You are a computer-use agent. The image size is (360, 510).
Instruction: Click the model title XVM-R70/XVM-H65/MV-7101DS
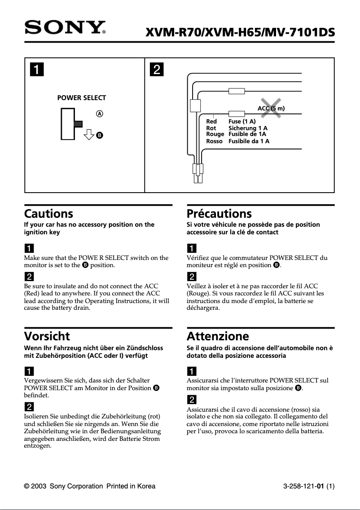(x=240, y=32)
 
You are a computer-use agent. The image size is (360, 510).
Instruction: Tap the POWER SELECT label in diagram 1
(x=82, y=98)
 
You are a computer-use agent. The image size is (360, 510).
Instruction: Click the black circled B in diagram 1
(x=100, y=135)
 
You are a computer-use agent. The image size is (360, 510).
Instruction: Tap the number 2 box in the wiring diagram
(x=156, y=70)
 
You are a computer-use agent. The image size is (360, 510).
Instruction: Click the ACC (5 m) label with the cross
(x=271, y=108)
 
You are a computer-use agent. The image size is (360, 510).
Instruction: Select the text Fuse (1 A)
(x=242, y=122)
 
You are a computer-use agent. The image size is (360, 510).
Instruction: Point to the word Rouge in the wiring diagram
(x=215, y=134)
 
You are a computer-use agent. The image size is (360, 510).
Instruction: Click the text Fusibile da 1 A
(x=249, y=141)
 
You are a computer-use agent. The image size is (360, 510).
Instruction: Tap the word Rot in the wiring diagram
(x=211, y=128)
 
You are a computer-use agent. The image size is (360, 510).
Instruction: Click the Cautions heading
(x=48, y=214)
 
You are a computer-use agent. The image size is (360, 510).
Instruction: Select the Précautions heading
(x=219, y=214)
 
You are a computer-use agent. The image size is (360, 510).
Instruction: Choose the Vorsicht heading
(x=47, y=336)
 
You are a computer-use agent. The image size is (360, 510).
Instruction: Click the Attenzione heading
(x=218, y=336)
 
